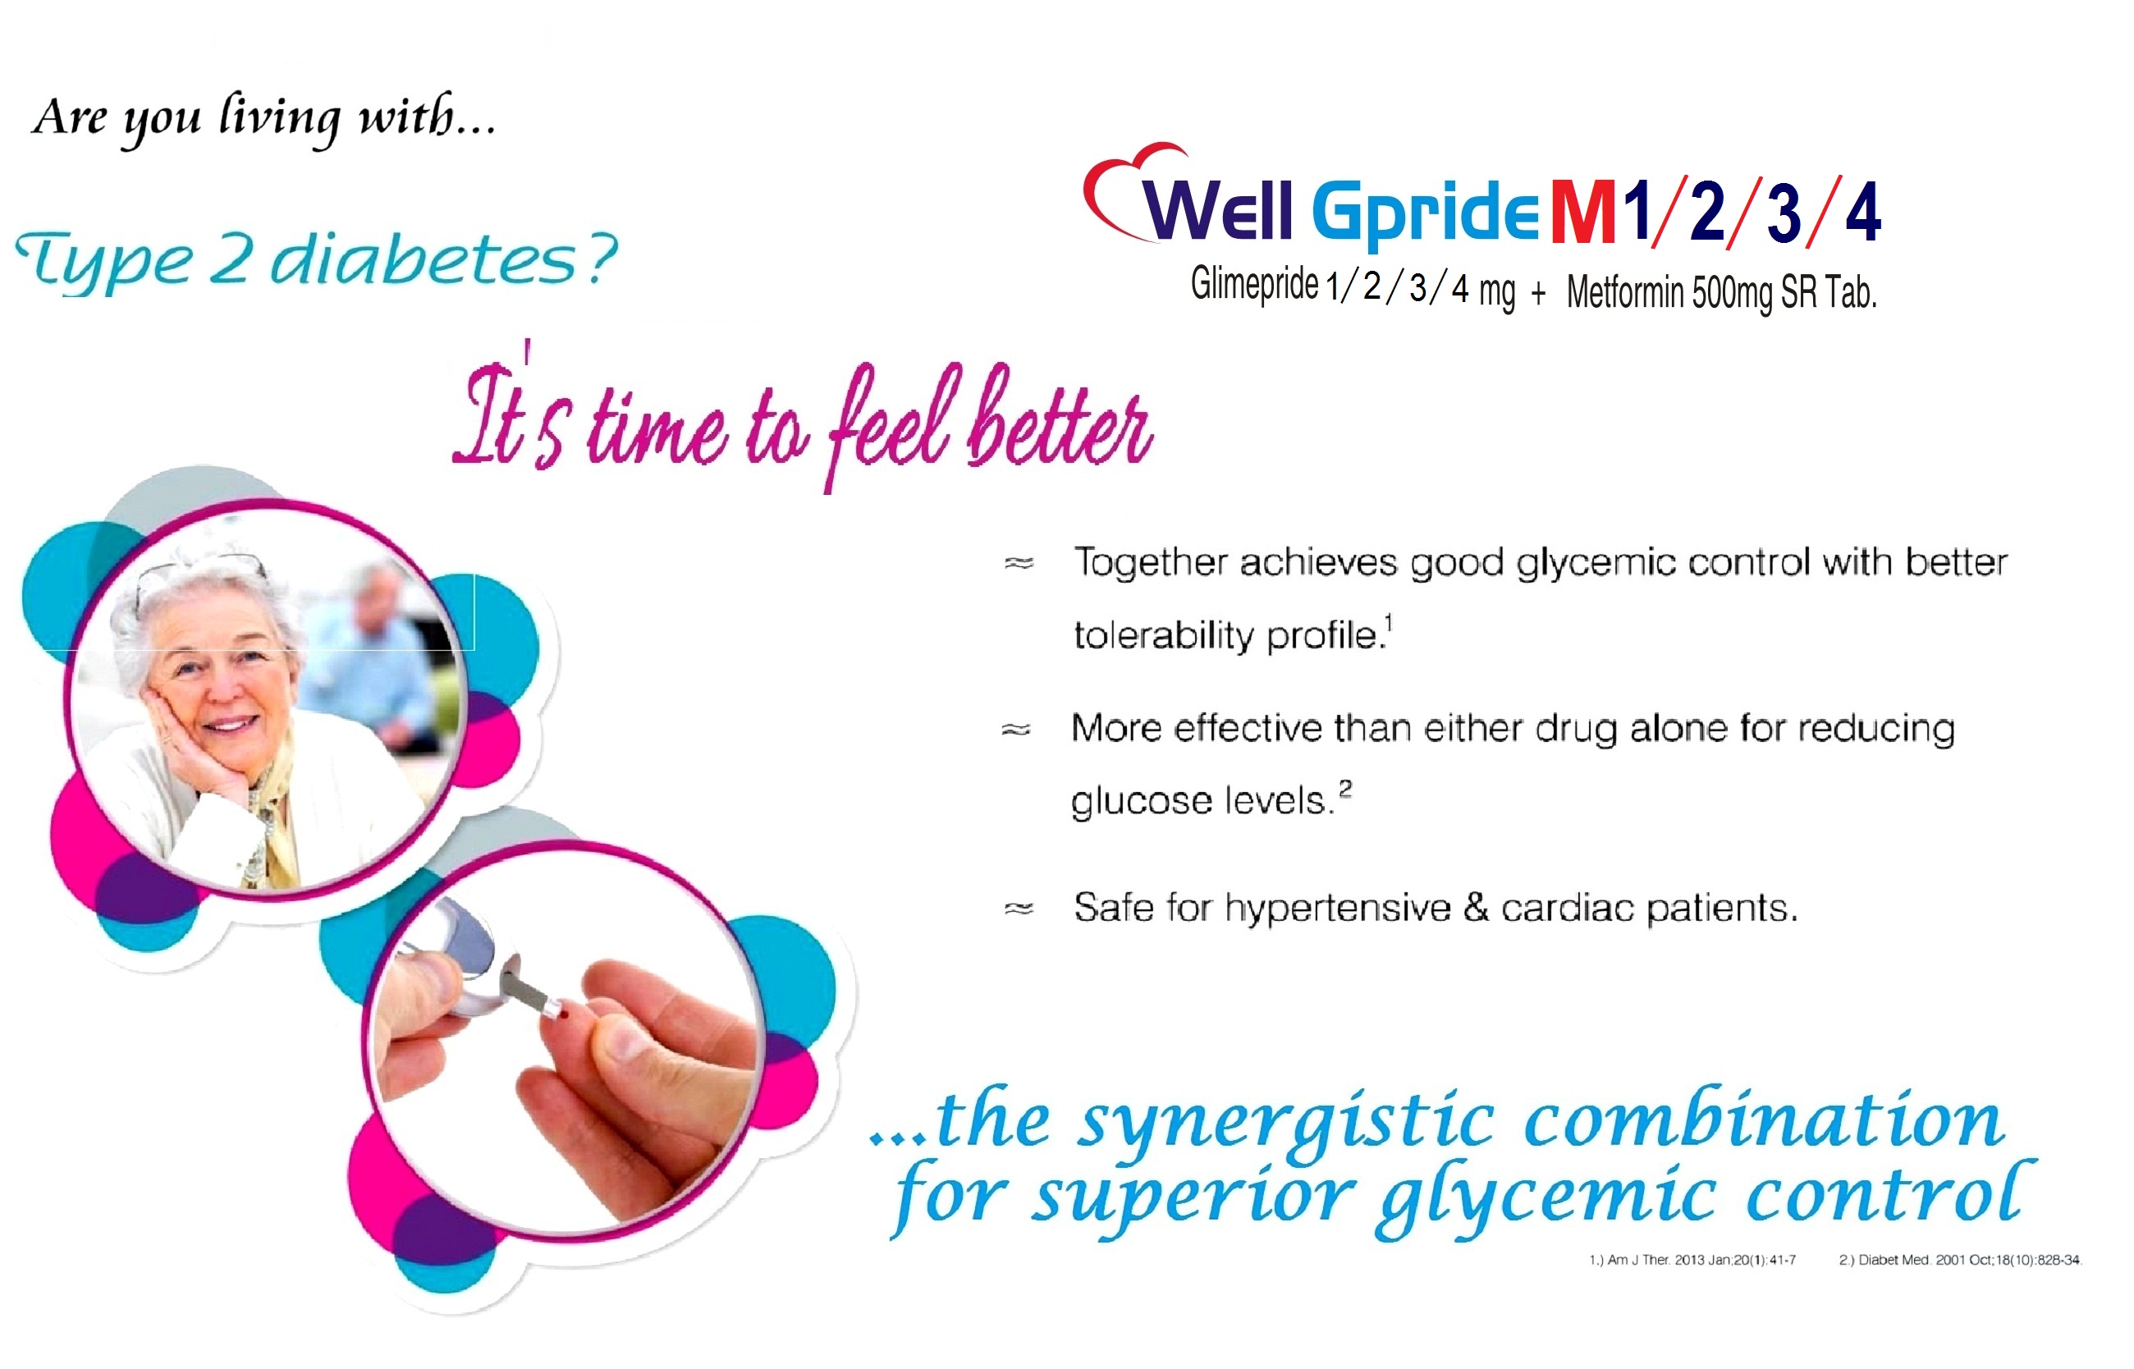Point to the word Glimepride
click(x=1254, y=285)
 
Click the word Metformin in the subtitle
click(x=1625, y=291)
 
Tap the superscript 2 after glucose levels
click(x=1344, y=787)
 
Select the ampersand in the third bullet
click(x=1476, y=907)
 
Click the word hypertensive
click(x=1338, y=909)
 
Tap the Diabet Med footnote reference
click(x=1961, y=1260)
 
